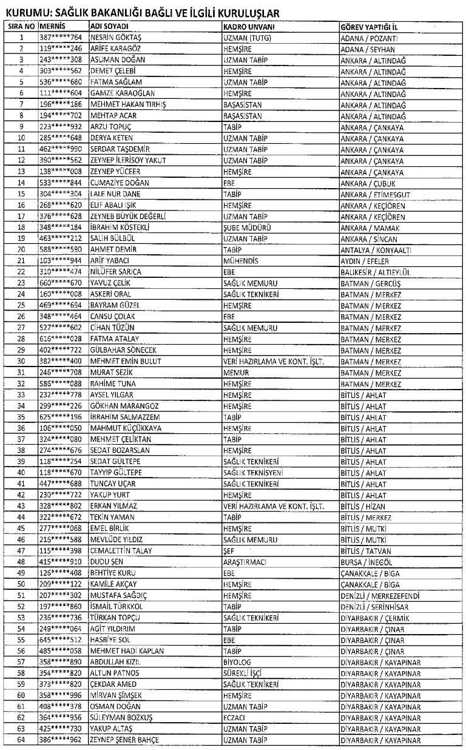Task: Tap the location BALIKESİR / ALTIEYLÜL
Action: (375, 272)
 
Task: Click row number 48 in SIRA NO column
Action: (21, 562)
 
